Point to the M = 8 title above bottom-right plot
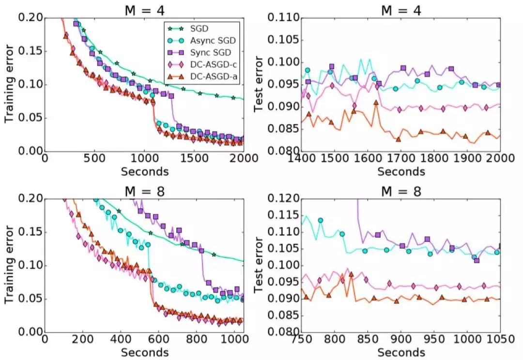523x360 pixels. click(400, 191)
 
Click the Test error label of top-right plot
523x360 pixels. click(259, 84)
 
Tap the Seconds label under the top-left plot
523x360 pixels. click(144, 172)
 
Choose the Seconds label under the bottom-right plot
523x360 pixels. click(401, 352)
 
